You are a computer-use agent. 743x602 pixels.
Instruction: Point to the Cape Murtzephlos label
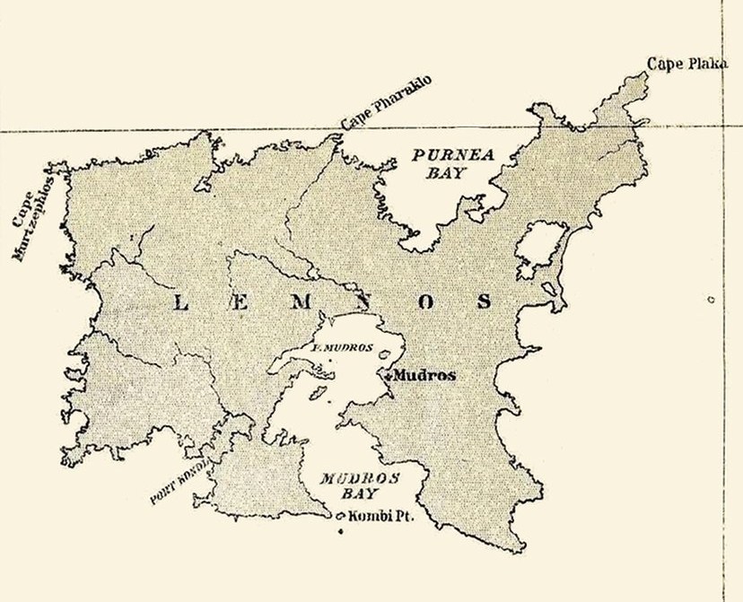tap(33, 215)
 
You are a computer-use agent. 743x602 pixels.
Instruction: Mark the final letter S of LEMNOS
tap(485, 302)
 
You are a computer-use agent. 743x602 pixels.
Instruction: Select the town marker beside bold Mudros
tap(389, 377)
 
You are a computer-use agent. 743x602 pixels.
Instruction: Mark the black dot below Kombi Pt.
tap(342, 535)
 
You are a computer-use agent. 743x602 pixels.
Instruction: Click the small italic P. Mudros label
tap(341, 347)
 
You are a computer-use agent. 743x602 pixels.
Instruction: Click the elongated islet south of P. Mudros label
tap(316, 392)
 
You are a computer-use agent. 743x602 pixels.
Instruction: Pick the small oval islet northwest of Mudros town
tap(387, 353)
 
